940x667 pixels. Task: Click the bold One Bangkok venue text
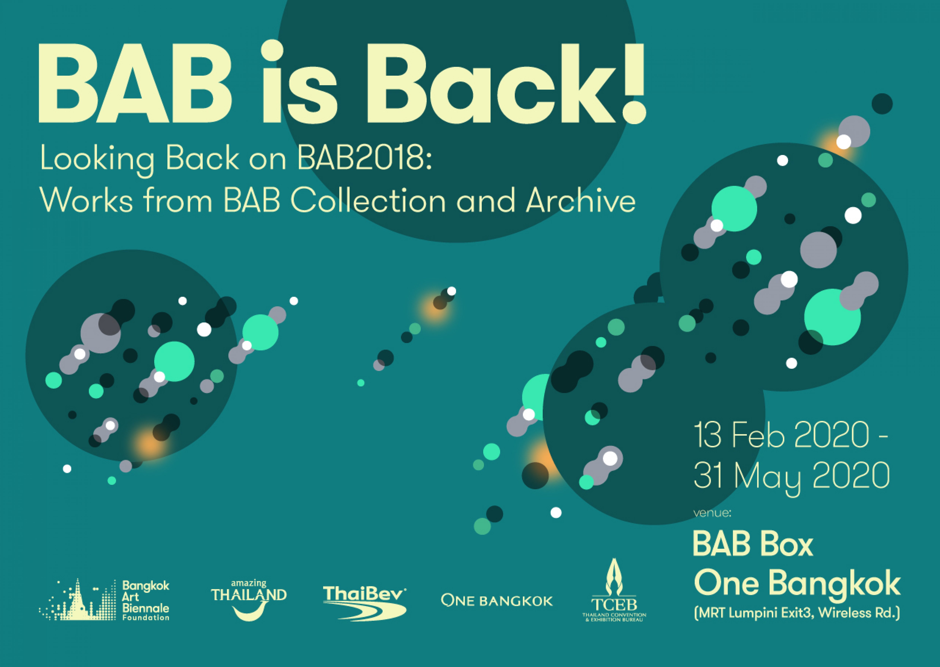click(797, 583)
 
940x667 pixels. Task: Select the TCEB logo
click(614, 592)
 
